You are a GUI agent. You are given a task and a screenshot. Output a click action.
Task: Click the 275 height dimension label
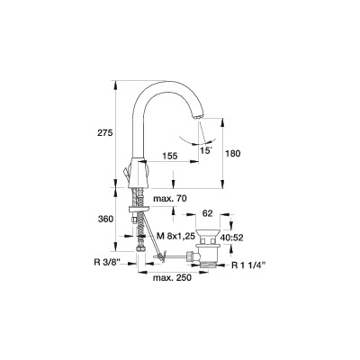click(104, 133)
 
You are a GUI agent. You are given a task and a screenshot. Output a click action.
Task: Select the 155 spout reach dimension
click(170, 156)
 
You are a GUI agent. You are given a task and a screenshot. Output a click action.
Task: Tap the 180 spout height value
click(233, 154)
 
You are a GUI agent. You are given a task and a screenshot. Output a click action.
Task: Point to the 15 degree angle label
click(205, 150)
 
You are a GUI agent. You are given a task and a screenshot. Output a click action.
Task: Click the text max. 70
click(170, 199)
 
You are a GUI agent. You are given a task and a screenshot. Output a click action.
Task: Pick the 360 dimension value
click(106, 220)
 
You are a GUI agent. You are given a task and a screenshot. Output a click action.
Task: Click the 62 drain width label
click(208, 213)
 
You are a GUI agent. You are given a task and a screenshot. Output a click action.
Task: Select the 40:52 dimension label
click(231, 238)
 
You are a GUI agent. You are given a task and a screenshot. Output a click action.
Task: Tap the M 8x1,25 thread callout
click(176, 237)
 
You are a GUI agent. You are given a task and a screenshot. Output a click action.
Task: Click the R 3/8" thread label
click(107, 263)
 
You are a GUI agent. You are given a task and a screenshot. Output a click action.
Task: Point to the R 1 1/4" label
click(249, 265)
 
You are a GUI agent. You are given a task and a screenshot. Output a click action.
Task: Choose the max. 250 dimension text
click(172, 278)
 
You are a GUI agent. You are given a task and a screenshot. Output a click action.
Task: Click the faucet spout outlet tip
click(198, 117)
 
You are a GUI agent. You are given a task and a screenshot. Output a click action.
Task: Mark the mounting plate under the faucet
click(139, 209)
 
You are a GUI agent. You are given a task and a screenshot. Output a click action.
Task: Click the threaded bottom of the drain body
click(208, 264)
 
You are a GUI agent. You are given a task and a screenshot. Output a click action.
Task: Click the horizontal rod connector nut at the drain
click(190, 256)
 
